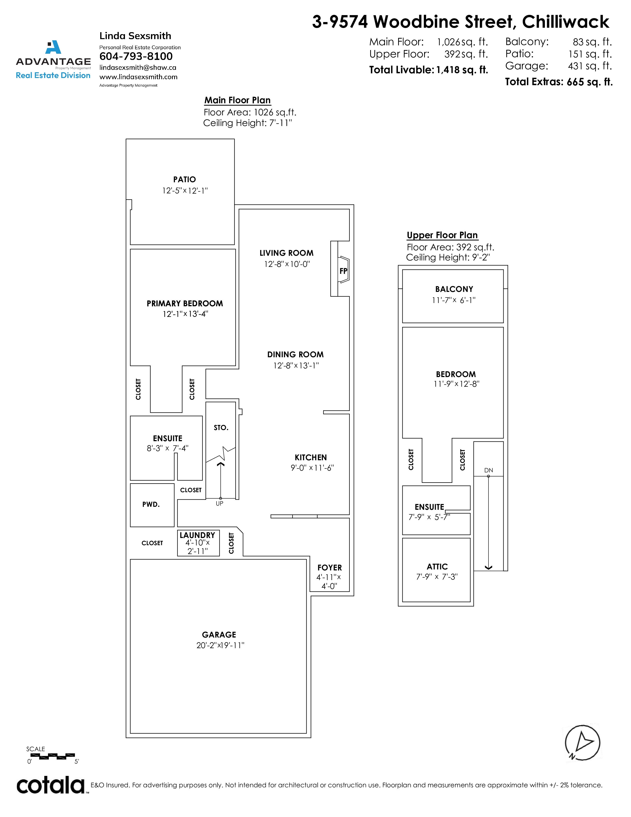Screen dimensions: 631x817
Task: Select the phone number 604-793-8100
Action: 136,56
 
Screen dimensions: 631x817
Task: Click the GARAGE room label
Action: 219,635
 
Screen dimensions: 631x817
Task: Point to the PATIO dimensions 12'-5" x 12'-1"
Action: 185,191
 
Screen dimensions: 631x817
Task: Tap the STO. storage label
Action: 221,428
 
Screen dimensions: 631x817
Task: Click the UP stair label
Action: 219,504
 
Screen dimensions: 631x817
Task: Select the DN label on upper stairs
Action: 488,470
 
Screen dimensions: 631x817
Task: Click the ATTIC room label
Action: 437,567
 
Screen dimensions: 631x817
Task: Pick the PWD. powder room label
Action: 151,504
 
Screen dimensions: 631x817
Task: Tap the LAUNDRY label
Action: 197,535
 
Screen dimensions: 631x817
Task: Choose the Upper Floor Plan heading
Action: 442,235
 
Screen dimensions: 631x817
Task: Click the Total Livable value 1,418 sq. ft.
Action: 462,70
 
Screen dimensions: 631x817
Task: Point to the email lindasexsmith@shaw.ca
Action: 138,68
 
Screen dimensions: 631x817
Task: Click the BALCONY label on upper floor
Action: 454,289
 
